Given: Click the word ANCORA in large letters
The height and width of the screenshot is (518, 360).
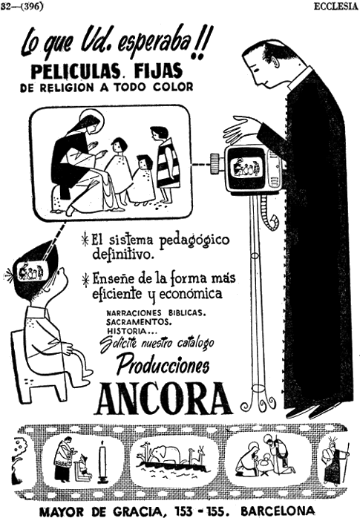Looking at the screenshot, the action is click(x=163, y=399).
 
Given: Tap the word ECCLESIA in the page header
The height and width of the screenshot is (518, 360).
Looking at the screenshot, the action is click(x=336, y=7).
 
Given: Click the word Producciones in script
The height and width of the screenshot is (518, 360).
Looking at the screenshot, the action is click(x=163, y=364).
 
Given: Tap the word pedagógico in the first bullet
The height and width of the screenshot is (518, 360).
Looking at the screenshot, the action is click(x=194, y=241).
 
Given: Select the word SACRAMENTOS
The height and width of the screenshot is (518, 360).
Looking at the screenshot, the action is click(x=139, y=321).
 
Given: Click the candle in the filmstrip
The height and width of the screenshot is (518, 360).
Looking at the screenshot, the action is click(x=102, y=461).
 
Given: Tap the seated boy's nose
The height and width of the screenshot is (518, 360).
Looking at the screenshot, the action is click(x=66, y=280).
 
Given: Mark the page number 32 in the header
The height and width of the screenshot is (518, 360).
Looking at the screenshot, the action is click(x=5, y=7).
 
